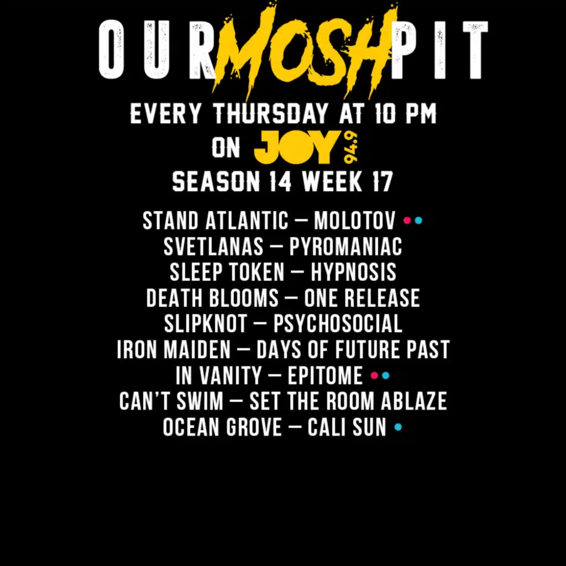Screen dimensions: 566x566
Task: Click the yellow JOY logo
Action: click(295, 148)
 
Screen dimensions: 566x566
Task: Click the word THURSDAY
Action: click(270, 115)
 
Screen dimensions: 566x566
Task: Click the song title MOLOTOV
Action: click(354, 221)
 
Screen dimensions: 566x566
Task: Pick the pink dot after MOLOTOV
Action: click(407, 221)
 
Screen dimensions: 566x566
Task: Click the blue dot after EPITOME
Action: click(386, 376)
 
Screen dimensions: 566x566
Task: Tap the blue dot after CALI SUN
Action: click(399, 427)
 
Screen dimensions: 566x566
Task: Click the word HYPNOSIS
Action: click(353, 272)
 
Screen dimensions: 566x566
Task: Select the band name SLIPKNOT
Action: click(206, 324)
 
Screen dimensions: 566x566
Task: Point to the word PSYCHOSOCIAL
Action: click(338, 324)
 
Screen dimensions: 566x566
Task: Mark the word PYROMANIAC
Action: click(345, 247)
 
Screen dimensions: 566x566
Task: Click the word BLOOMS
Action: click(244, 298)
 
